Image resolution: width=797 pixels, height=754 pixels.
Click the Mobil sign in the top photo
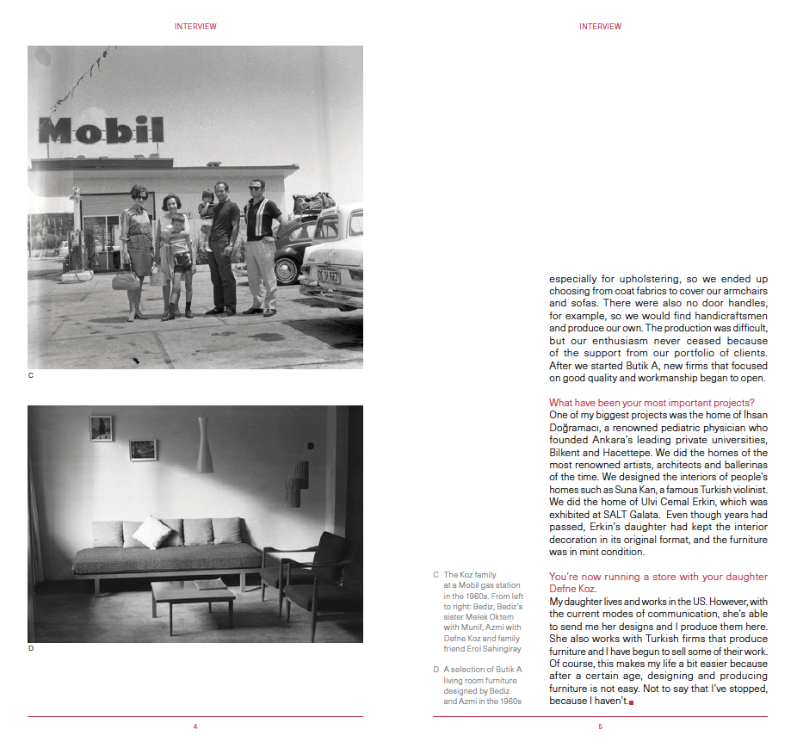pyautogui.click(x=101, y=130)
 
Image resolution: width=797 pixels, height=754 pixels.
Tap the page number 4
pyautogui.click(x=195, y=727)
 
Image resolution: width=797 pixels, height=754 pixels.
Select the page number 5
pyautogui.click(x=600, y=727)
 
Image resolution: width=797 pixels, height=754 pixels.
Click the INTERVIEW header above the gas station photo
pyautogui.click(x=195, y=27)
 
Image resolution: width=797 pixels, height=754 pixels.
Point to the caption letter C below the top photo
pyautogui.click(x=31, y=375)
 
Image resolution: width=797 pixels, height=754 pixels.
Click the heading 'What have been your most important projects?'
pyautogui.click(x=652, y=403)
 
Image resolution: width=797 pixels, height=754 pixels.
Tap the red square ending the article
pyautogui.click(x=632, y=703)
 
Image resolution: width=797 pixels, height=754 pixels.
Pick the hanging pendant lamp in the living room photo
pyautogui.click(x=204, y=445)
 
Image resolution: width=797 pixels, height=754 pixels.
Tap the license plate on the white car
pyautogui.click(x=328, y=276)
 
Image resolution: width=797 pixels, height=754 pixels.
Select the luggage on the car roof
pyautogui.click(x=313, y=203)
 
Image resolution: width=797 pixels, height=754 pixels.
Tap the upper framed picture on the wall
pyautogui.click(x=102, y=428)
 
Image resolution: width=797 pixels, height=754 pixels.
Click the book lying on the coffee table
pyautogui.click(x=209, y=584)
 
